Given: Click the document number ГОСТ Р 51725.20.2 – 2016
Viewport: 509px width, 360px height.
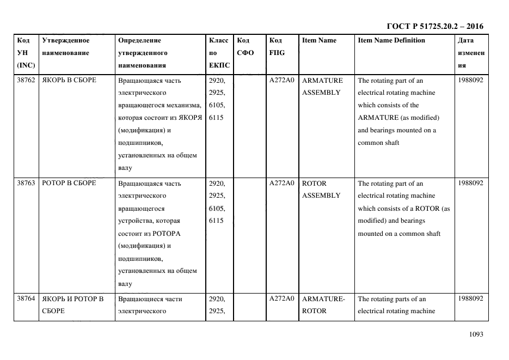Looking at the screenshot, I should tap(434, 26).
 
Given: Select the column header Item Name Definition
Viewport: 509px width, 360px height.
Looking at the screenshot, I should tap(391, 40).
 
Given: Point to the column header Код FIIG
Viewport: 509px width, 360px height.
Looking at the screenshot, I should tap(276, 46).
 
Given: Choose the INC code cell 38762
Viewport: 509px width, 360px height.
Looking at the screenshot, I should tap(26, 80).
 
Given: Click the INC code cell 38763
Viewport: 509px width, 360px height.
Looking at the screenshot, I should tap(26, 183).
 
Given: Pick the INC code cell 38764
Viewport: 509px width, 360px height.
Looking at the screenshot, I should tap(26, 298).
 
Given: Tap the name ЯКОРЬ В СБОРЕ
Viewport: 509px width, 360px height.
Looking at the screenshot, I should tap(69, 80).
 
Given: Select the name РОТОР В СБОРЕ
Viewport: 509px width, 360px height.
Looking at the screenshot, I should tap(69, 183).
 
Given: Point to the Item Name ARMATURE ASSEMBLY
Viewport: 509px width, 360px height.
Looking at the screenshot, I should tap(322, 86).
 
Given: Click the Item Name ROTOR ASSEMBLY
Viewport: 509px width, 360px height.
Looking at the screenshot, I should tap(321, 189).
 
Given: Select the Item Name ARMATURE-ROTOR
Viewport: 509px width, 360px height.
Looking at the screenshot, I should tap(323, 304).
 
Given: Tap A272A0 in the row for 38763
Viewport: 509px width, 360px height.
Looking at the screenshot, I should tap(281, 183).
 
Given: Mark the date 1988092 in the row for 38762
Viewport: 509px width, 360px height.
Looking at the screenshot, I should tap(471, 80).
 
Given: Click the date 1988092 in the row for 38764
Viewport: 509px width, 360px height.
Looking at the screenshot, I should tap(471, 298).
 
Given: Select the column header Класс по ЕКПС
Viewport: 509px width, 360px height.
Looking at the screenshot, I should tap(219, 53).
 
